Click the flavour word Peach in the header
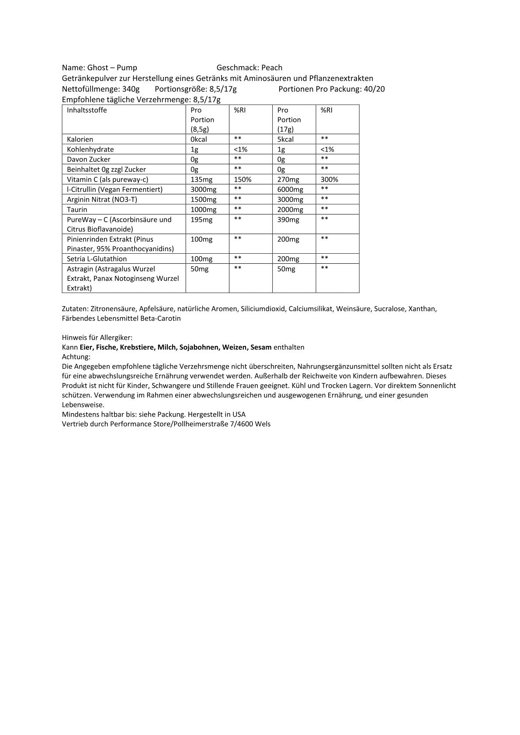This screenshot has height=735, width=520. point(272,68)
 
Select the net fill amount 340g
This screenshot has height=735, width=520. point(131,89)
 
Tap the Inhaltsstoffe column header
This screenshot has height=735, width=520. point(87,110)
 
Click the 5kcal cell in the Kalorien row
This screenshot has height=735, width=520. point(285,139)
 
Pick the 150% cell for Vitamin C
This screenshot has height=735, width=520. point(243,179)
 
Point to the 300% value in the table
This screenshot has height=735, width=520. point(329,179)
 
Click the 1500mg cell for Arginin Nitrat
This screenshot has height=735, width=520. point(203,200)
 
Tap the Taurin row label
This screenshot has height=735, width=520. point(77,210)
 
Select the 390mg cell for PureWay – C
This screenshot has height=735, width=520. point(288,220)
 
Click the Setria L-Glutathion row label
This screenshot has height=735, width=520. point(97,259)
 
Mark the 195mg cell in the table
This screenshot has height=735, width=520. point(201,220)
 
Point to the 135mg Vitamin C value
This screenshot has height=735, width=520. point(201,179)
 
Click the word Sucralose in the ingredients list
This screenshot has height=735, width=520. point(389,309)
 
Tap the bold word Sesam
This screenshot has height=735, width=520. point(261,347)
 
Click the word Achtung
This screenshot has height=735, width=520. point(76,357)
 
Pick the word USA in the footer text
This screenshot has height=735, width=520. point(239,414)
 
